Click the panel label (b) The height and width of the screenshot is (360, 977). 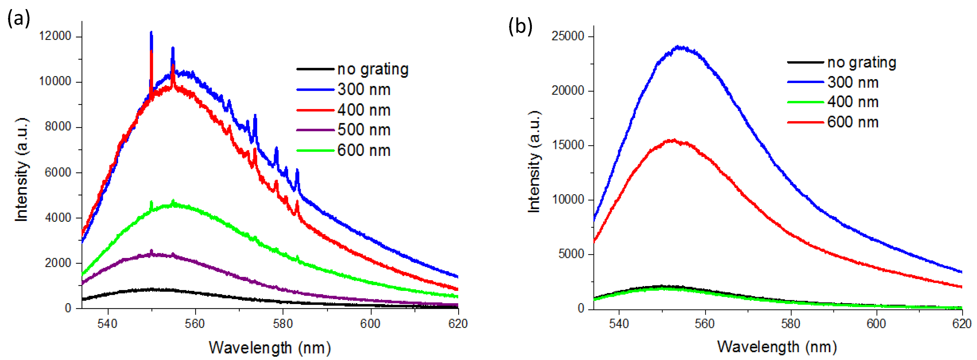(520, 26)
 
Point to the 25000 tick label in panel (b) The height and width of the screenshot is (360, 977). (568, 36)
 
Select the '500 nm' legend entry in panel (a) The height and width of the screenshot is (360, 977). (364, 130)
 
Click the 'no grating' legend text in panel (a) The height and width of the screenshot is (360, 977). (373, 69)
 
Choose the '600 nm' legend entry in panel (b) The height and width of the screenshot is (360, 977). (853, 122)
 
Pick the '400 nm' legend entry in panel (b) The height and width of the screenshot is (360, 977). (853, 102)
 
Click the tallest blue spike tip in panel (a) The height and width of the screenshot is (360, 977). (151, 33)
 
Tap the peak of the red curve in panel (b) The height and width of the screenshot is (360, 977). (674, 140)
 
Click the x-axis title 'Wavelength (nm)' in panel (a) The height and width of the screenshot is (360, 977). (270, 347)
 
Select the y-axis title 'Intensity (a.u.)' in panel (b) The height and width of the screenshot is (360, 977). (534, 162)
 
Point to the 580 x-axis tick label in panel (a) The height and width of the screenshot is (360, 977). (283, 324)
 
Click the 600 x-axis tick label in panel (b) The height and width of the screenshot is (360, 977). (876, 324)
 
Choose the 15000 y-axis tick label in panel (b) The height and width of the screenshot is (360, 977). (568, 145)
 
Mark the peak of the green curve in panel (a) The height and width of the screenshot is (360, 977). (173, 201)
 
